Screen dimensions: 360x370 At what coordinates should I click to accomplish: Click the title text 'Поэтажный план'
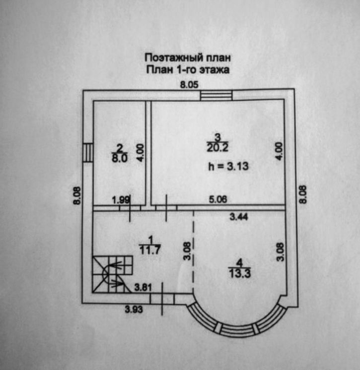pyautogui.click(x=188, y=58)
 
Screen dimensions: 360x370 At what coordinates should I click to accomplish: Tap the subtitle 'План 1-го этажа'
pyautogui.click(x=188, y=69)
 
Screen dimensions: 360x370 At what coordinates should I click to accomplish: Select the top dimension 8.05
pyautogui.click(x=189, y=84)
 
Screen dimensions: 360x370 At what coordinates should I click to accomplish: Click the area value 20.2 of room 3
pyautogui.click(x=217, y=148)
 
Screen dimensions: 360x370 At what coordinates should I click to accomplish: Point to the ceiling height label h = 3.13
pyautogui.click(x=228, y=166)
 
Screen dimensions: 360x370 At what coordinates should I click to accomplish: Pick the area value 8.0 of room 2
pyautogui.click(x=120, y=158)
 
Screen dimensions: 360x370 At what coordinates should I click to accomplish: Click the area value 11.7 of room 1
pyautogui.click(x=150, y=250)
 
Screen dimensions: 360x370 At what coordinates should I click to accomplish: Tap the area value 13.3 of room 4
pyautogui.click(x=240, y=273)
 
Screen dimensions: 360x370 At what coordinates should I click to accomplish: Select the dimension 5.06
pyautogui.click(x=218, y=199)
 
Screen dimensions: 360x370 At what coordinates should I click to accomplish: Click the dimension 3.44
pyautogui.click(x=239, y=217)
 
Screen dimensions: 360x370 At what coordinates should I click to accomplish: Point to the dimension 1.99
pyautogui.click(x=121, y=200)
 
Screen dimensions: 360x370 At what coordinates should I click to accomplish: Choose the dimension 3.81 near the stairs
pyautogui.click(x=143, y=287)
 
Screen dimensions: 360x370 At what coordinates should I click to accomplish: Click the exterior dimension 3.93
pyautogui.click(x=134, y=309)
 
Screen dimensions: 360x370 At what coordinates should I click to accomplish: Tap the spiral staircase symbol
pyautogui.click(x=112, y=275)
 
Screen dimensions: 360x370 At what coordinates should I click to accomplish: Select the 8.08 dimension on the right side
pyautogui.click(x=302, y=194)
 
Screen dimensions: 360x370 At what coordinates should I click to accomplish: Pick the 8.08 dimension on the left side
pyautogui.click(x=77, y=195)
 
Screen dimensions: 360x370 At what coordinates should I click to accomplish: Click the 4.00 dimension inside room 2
pyautogui.click(x=140, y=153)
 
